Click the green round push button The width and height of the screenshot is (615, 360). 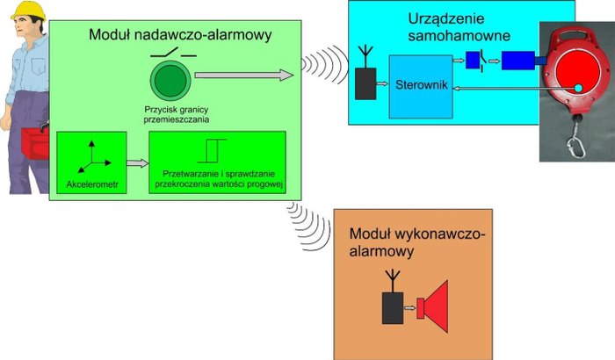click(x=168, y=81)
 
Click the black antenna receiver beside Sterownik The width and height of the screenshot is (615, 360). click(x=365, y=82)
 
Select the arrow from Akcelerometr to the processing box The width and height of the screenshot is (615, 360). click(x=135, y=162)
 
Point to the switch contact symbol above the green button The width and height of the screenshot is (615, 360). click(x=168, y=54)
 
